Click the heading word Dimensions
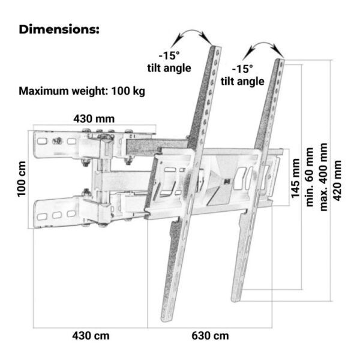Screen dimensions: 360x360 click(59, 29)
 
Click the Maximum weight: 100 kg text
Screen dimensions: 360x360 click(82, 92)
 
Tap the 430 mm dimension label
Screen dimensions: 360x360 click(94, 118)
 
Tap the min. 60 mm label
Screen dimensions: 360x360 click(310, 177)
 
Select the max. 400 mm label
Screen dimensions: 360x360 click(325, 177)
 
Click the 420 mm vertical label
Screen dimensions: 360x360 click(339, 180)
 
